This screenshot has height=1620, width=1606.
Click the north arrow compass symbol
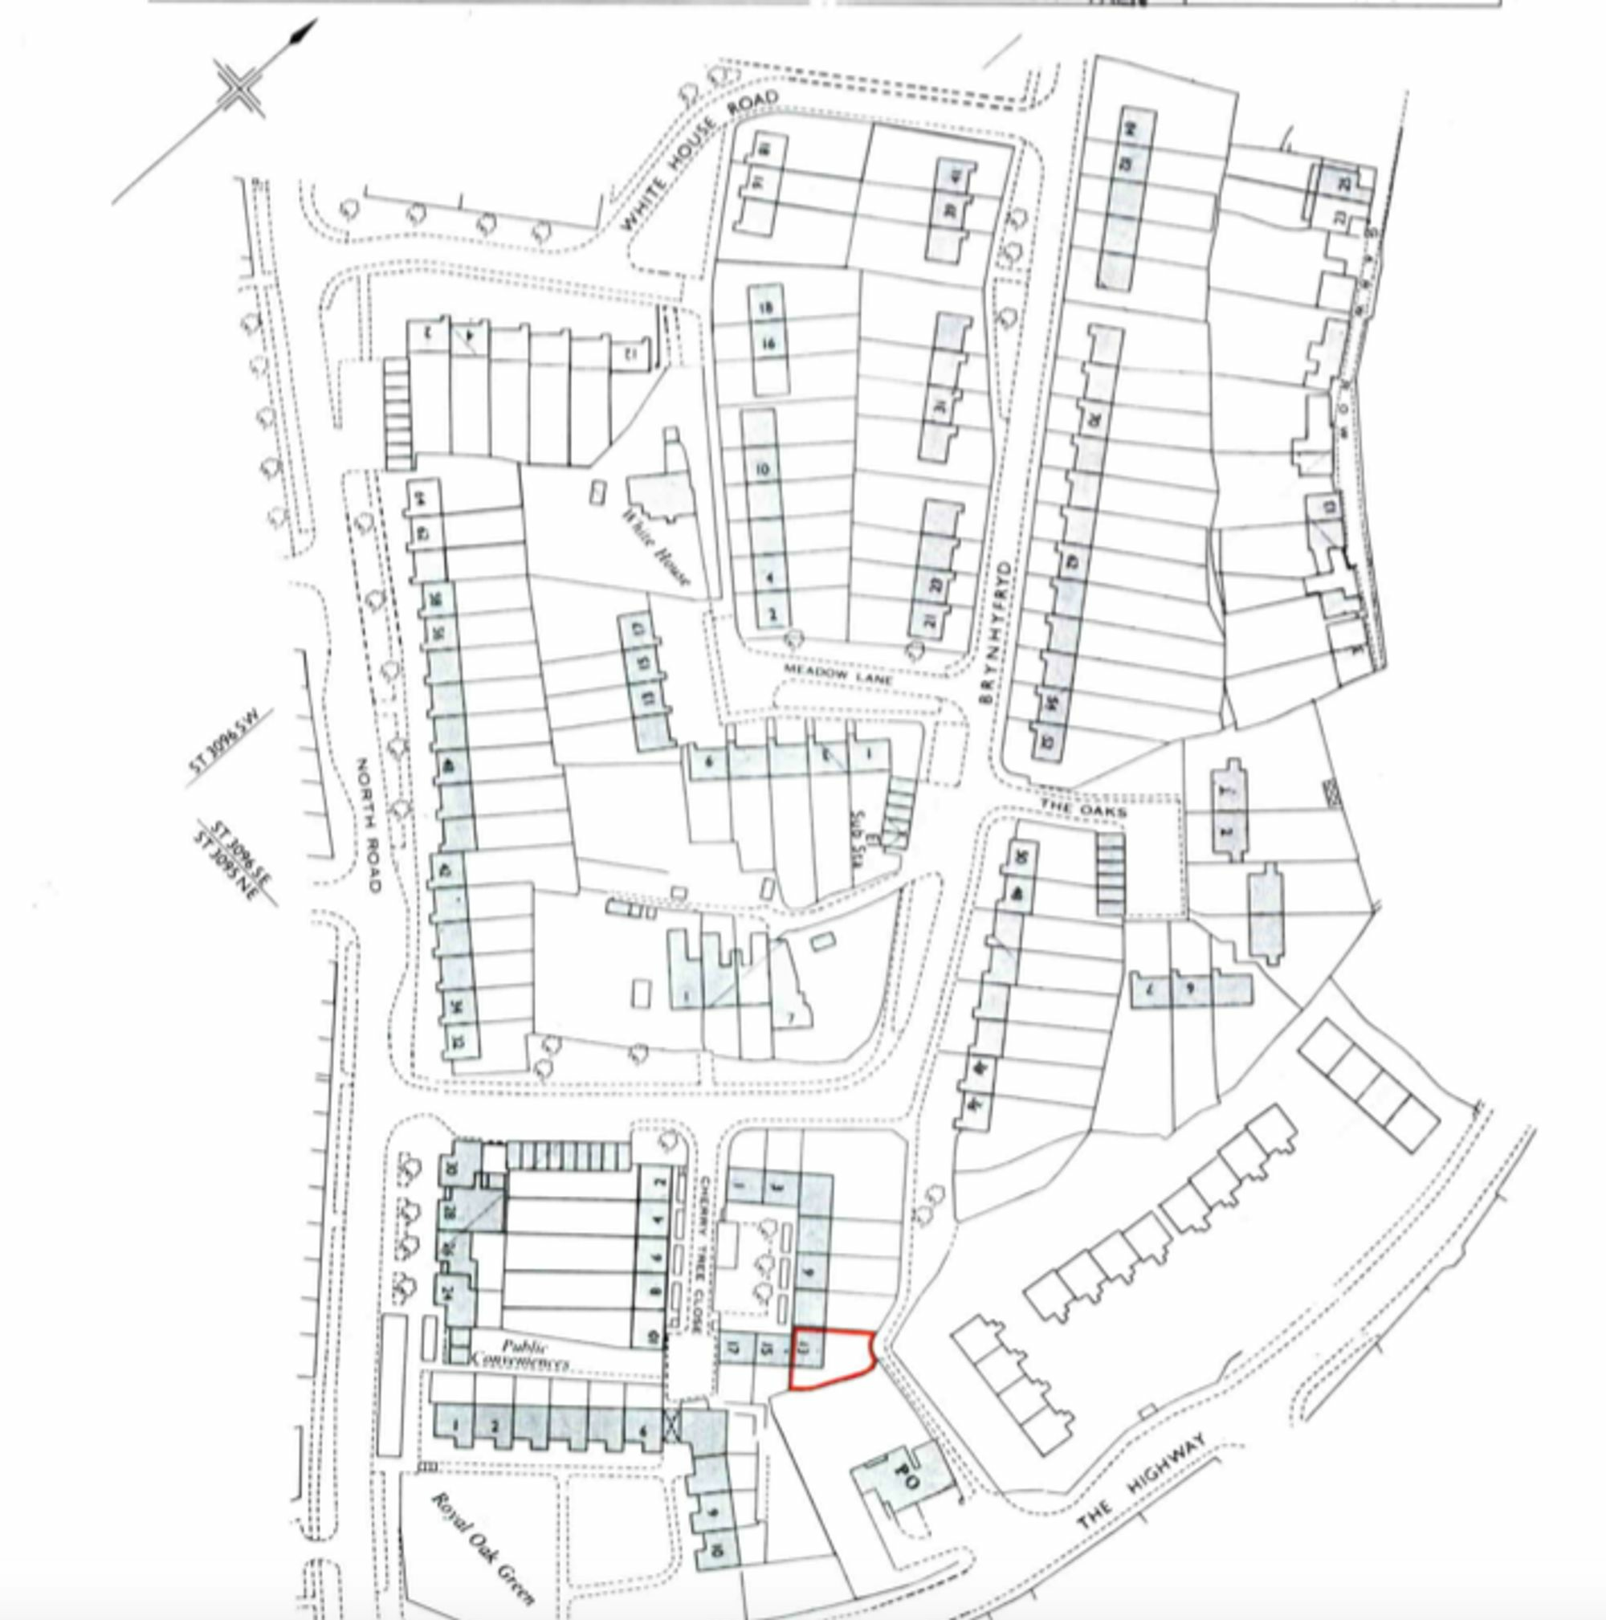pyautogui.click(x=241, y=88)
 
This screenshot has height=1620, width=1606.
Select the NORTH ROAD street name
pyautogui.click(x=368, y=825)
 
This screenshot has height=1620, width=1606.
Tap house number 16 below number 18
pyautogui.click(x=768, y=343)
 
